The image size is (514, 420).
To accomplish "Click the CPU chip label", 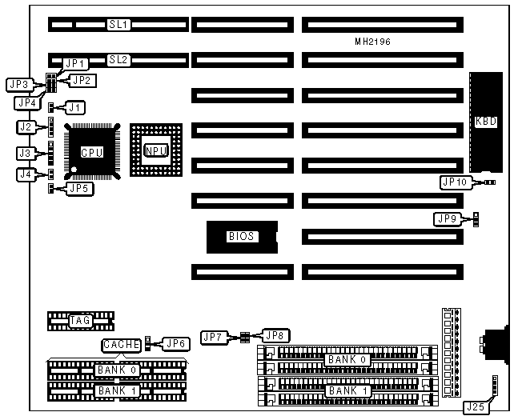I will (92, 152).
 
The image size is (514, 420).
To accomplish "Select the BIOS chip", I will (241, 237).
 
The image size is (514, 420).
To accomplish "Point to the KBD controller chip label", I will (485, 122).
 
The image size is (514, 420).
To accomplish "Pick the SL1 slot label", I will (119, 26).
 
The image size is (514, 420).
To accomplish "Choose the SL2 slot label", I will (119, 59).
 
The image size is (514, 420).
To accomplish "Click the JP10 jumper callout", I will (454, 182).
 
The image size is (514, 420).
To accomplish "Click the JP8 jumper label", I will (275, 336).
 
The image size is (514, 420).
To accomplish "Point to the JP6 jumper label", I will (174, 344).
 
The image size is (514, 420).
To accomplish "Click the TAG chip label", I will (80, 321).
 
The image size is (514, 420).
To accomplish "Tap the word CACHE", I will (122, 345).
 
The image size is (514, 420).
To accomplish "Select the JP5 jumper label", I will (78, 189).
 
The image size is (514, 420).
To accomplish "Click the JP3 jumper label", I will (18, 84).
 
